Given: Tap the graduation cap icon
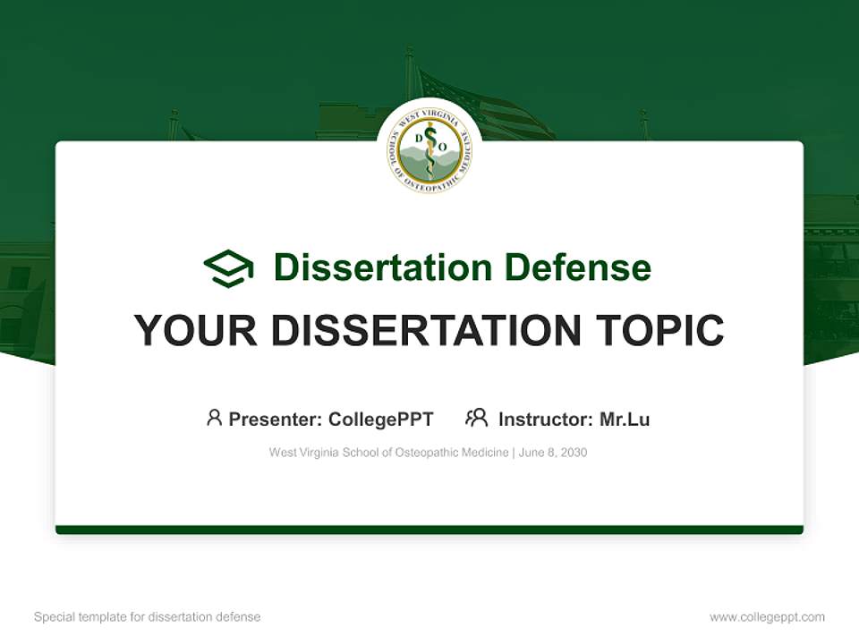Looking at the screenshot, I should point(228,268).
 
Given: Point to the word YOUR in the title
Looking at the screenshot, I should point(195,331).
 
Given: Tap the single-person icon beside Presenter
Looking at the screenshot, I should point(214,418).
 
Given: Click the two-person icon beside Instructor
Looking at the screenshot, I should point(476,418).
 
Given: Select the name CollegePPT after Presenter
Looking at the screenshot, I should point(381,419).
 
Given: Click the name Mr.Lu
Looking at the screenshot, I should point(625,419).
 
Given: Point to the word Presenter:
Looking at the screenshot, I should point(276,419).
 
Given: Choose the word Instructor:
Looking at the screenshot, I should point(545,419).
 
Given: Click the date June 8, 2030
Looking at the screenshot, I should point(553,453).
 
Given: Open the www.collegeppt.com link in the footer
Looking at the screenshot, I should point(767,617).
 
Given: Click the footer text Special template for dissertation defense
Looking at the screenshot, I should point(148,617).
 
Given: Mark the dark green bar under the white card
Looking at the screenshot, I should point(429,530).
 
